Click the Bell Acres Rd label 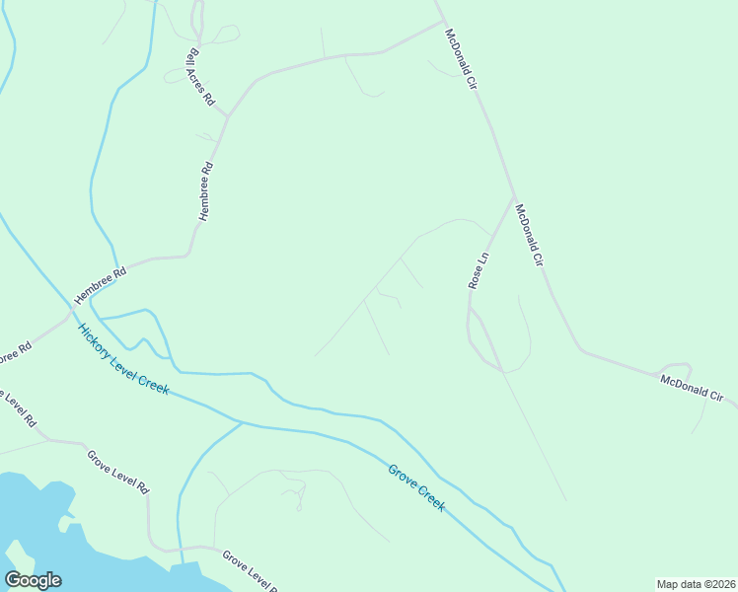coord(200,77)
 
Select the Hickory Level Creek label coord(123,359)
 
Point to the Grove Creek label coord(416,486)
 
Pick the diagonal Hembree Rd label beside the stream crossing coord(101,285)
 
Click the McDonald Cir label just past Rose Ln coord(530,237)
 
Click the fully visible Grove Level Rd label coord(117,473)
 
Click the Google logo coord(33,580)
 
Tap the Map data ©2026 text coord(696,584)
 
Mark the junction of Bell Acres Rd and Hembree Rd coord(228,115)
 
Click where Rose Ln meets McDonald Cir coord(512,200)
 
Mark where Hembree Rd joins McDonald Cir coord(442,22)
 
